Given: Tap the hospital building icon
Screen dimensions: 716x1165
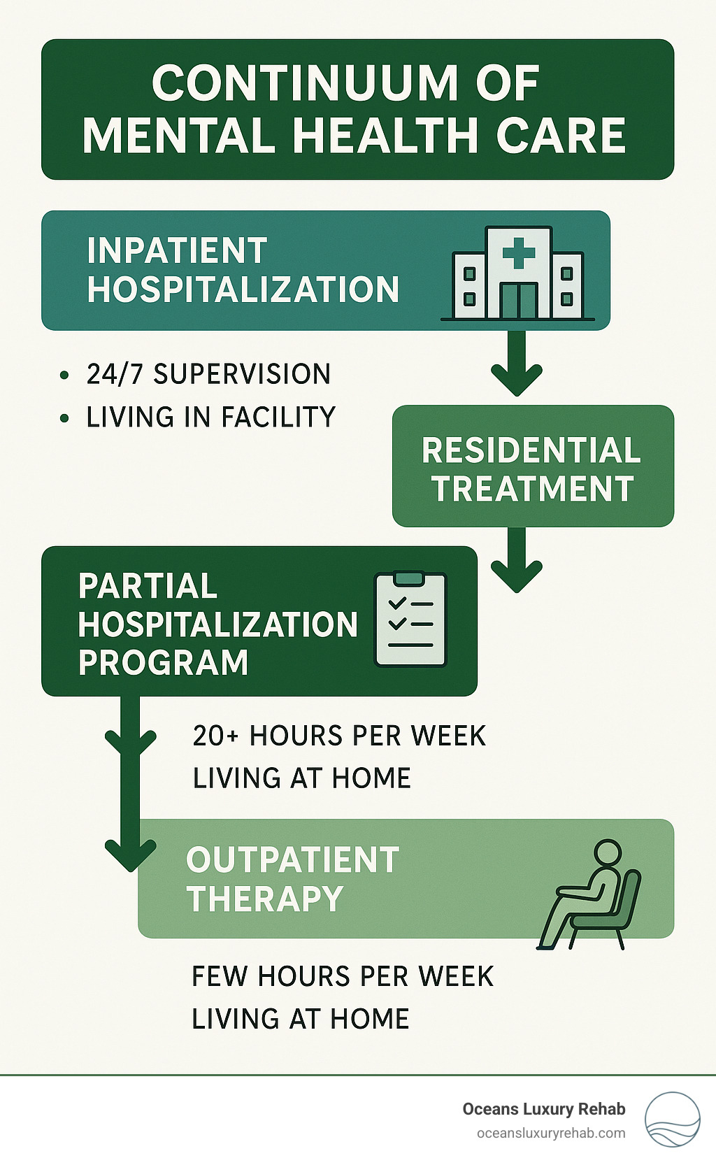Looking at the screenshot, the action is click(x=517, y=273).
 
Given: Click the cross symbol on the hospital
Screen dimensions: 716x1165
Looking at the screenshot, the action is click(x=518, y=252).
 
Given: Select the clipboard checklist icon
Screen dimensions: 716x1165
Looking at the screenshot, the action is click(x=410, y=620).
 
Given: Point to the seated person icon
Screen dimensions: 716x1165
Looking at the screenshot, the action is click(x=589, y=894).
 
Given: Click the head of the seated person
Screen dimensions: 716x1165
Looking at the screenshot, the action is click(x=608, y=853).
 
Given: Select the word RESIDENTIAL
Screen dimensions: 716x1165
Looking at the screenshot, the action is click(x=531, y=450).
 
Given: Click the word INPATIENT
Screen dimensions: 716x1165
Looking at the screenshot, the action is click(x=177, y=250).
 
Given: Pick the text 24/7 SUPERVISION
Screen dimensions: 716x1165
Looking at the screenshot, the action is click(x=208, y=374).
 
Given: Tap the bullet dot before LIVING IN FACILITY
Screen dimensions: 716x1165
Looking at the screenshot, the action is click(x=64, y=417).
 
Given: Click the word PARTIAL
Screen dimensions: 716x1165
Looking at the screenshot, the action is click(x=148, y=586).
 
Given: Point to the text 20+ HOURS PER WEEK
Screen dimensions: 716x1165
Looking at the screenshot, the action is click(x=339, y=736).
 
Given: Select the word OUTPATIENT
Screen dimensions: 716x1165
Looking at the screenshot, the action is click(x=293, y=859).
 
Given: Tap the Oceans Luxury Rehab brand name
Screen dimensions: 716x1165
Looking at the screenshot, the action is click(x=544, y=1109).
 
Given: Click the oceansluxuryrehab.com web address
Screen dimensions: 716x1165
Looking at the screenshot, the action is click(x=551, y=1134).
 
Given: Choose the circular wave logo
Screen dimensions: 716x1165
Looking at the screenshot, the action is click(x=673, y=1120).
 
